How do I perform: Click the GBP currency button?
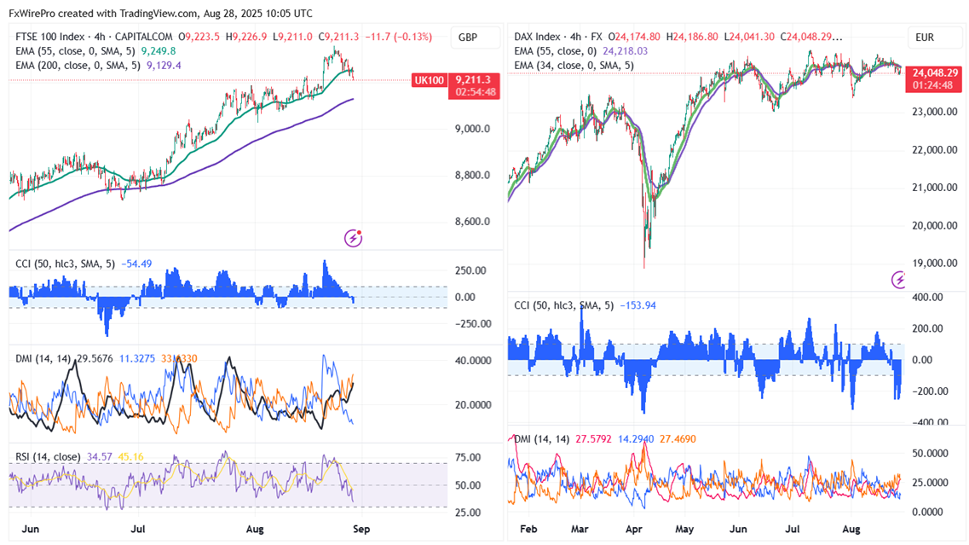pyautogui.click(x=467, y=38)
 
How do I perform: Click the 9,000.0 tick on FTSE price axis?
pyautogui.click(x=472, y=130)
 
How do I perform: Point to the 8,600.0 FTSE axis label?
pyautogui.click(x=472, y=222)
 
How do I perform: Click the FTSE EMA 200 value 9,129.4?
pyautogui.click(x=164, y=65)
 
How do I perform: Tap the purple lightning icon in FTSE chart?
pyautogui.click(x=354, y=238)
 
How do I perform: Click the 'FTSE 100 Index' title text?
pyautogui.click(x=51, y=37)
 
